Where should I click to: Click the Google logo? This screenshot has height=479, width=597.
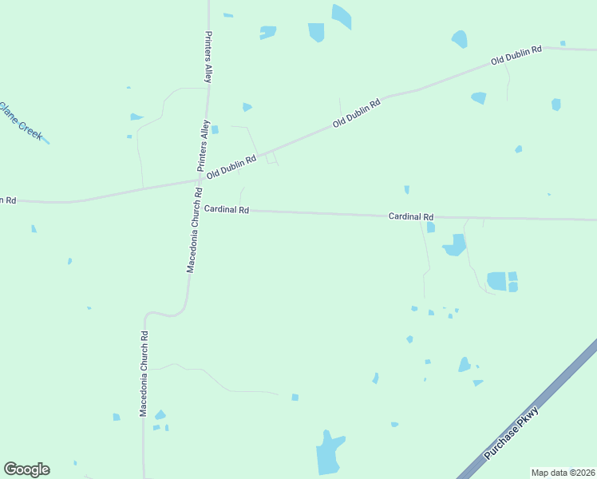pyautogui.click(x=26, y=469)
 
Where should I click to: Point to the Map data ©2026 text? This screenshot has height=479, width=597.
pyautogui.click(x=563, y=473)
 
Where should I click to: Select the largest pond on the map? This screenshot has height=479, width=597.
pyautogui.click(x=329, y=453)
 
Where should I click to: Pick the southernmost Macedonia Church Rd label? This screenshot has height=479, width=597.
pyautogui.click(x=144, y=374)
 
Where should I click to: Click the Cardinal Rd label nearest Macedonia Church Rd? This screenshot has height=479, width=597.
pyautogui.click(x=227, y=209)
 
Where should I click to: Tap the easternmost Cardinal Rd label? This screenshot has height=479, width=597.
pyautogui.click(x=411, y=216)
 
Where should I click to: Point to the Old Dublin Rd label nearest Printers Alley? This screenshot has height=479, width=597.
pyautogui.click(x=231, y=167)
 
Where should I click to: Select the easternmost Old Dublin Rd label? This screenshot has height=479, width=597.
pyautogui.click(x=516, y=54)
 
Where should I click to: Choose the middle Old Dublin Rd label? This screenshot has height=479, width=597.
pyautogui.click(x=356, y=113)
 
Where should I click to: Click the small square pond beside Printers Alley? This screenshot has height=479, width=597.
pyautogui.click(x=215, y=129)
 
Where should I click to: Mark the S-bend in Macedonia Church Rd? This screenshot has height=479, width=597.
pyautogui.click(x=168, y=313)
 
